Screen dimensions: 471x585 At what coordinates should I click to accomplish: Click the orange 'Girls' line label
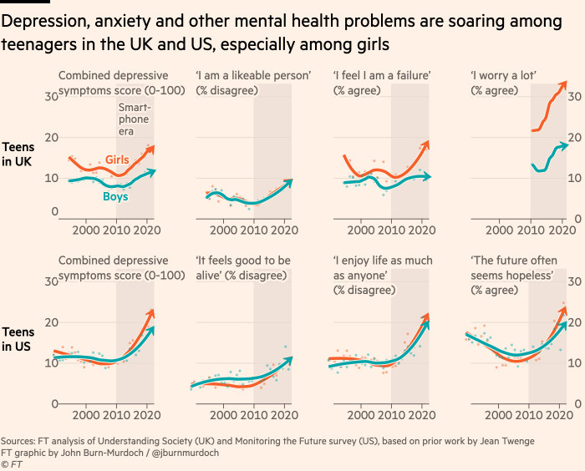(118, 159)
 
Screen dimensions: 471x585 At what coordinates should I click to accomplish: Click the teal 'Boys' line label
(115, 196)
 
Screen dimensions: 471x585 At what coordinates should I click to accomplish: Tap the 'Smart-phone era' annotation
(134, 119)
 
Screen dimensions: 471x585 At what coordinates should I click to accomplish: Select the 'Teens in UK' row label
(18, 154)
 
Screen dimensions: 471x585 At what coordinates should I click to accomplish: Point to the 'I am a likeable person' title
(253, 77)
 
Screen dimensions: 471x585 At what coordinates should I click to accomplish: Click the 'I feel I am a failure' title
(382, 77)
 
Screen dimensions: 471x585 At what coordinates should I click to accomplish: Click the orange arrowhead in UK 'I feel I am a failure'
(427, 143)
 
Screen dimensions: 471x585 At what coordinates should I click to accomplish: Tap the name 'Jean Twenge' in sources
(501, 440)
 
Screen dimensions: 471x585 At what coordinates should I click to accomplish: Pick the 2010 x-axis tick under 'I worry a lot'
(530, 230)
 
